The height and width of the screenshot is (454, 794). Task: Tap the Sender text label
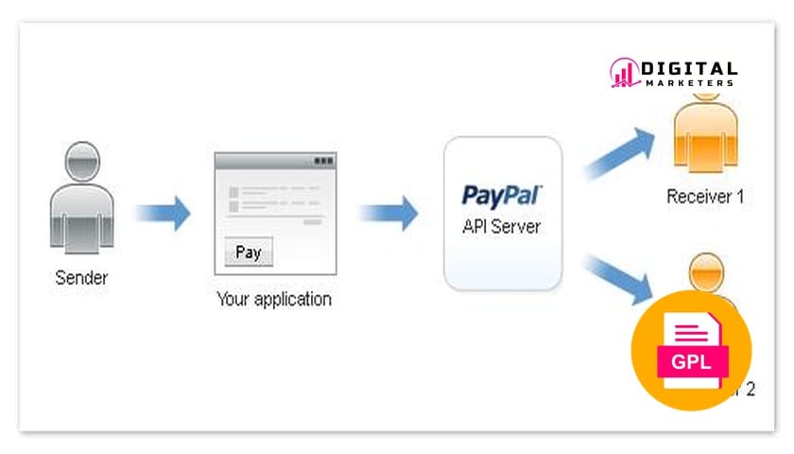pos(81,278)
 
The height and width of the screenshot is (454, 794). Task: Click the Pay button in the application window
pos(249,253)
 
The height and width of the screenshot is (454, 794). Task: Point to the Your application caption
pos(274,300)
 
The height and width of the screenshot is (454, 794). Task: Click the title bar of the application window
pos(274,162)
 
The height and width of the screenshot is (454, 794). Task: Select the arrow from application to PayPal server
pos(388,212)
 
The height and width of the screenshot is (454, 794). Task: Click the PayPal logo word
pos(502,196)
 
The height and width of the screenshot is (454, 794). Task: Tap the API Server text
pos(503,228)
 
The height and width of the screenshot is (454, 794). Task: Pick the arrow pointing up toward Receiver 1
pos(619,151)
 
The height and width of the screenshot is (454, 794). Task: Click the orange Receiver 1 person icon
pos(704,137)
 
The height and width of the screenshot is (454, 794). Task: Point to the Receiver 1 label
pos(705,197)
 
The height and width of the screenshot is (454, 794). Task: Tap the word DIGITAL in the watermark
pos(689,68)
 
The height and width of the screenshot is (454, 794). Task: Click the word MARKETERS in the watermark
pos(689,82)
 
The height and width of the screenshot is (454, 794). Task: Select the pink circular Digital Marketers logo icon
pos(624,73)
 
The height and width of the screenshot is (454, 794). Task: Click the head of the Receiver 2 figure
pos(704,271)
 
